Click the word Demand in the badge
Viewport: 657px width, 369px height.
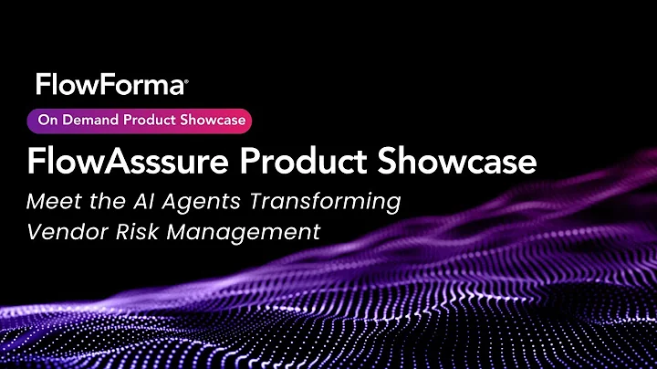coord(87,119)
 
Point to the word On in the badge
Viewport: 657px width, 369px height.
coord(47,119)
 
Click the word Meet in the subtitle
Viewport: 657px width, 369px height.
coord(53,201)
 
